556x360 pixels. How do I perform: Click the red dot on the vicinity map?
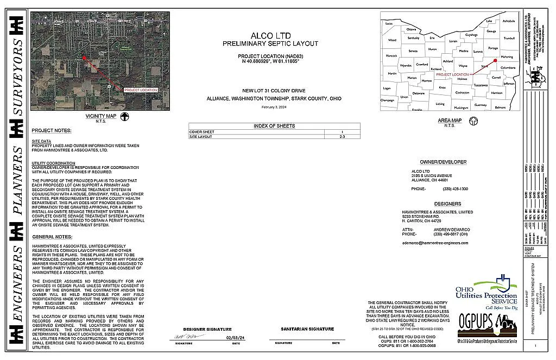(x=84, y=58)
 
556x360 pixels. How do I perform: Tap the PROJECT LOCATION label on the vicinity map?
(x=141, y=90)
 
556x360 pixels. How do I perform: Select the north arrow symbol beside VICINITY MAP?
(x=124, y=116)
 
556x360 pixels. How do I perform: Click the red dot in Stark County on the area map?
(x=495, y=60)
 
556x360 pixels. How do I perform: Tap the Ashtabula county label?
(x=509, y=21)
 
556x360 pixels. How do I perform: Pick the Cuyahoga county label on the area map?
(x=471, y=34)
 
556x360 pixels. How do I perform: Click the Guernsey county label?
(x=481, y=104)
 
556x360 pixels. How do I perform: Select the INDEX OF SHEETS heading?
(x=274, y=126)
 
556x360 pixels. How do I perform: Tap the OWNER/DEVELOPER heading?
(x=443, y=162)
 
